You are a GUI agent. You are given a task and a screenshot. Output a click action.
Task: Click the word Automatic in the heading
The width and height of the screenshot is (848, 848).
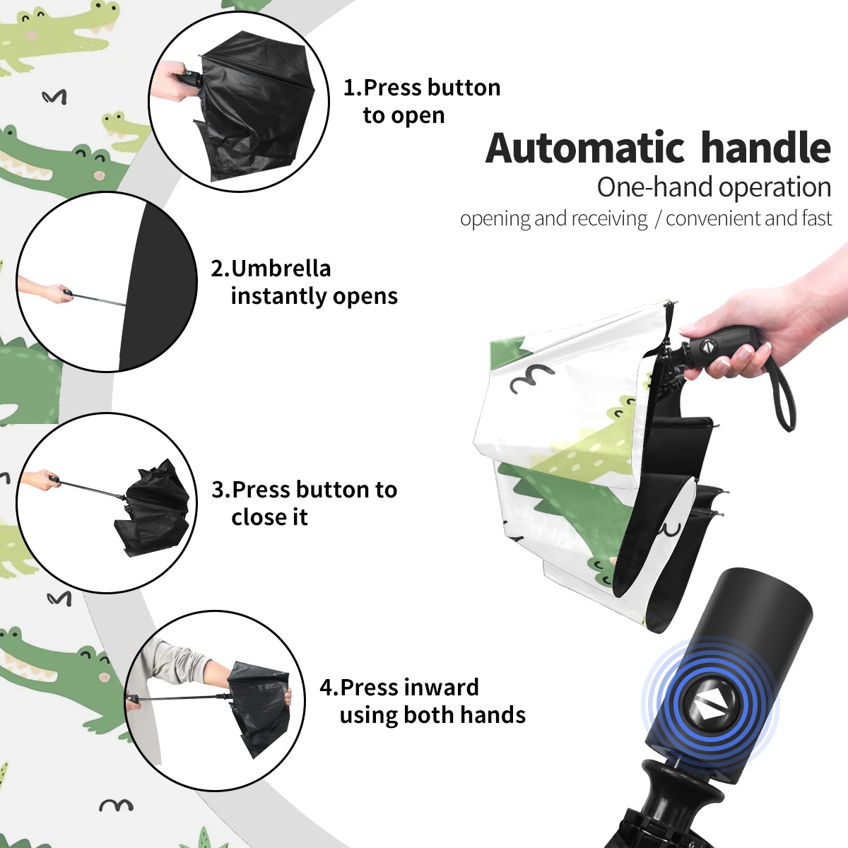pos(585,148)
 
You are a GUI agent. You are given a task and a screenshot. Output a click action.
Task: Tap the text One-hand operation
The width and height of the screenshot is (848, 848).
pos(714,188)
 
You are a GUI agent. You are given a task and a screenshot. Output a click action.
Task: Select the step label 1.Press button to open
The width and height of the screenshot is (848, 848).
pos(422,101)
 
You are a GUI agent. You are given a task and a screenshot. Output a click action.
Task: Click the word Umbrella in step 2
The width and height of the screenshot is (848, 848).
pos(281,269)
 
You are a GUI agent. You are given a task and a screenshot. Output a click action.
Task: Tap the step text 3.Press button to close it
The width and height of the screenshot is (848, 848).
pos(304,502)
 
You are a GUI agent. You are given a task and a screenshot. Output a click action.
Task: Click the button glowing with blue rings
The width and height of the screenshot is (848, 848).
pos(709,708)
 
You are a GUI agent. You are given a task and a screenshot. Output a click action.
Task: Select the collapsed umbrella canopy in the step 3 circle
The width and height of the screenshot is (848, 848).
pos(154,508)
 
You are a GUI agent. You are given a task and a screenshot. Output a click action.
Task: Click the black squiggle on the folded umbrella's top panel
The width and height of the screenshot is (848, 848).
pos(531,378)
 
